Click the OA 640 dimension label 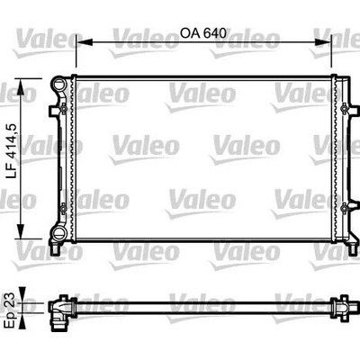(202, 33)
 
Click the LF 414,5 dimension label (12, 152)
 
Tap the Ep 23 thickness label (11, 307)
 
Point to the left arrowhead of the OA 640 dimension (83, 42)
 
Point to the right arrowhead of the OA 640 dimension (324, 42)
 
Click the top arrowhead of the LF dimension (21, 86)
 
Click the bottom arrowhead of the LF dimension (21, 231)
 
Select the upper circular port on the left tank (58, 84)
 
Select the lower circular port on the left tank (58, 232)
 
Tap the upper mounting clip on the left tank (63, 108)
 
